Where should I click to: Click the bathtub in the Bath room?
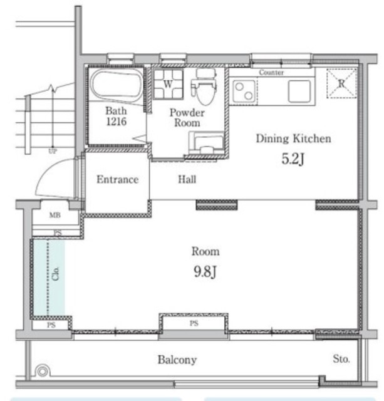[117, 85]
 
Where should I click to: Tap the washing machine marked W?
[169, 84]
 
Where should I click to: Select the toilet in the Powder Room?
[204, 86]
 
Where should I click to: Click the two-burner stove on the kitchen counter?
[244, 91]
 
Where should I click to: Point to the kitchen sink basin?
[299, 91]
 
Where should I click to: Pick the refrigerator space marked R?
[341, 83]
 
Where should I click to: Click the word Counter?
[271, 73]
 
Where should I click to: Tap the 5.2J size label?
[293, 159]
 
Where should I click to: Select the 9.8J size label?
[205, 271]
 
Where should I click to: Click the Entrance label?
[118, 180]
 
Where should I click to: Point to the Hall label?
[187, 179]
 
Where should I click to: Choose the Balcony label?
[177, 360]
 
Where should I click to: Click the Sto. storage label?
[341, 359]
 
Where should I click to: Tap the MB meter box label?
[55, 215]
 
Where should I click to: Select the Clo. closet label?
[56, 273]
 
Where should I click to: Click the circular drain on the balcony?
[43, 372]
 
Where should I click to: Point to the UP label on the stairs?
[53, 151]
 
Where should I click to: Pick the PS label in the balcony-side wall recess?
[194, 323]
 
